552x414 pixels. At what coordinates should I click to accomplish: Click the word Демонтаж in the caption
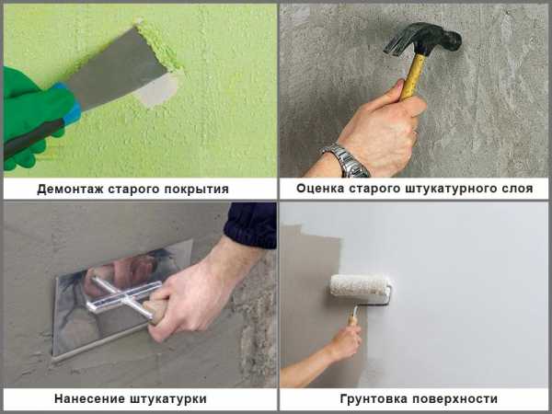(70, 189)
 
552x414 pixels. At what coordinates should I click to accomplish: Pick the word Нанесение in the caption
(90, 399)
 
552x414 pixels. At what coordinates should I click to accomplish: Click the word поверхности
(454, 399)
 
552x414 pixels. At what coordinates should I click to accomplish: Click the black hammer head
(423, 38)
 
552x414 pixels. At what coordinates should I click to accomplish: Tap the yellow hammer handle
(412, 77)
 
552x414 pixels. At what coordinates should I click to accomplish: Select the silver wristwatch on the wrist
(346, 160)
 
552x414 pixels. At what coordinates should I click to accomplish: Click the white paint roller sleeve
(360, 285)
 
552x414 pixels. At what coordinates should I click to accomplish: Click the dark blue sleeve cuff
(250, 225)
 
